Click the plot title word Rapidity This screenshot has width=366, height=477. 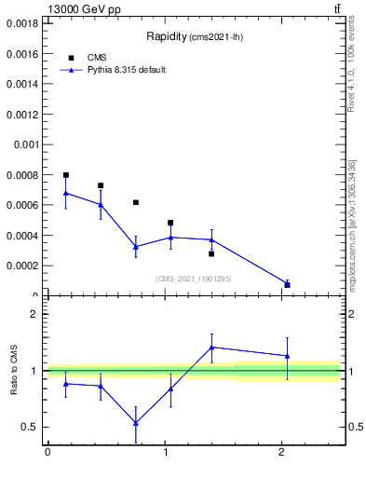(167, 37)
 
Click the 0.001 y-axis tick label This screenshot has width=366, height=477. (26, 144)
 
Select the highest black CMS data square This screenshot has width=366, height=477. (66, 175)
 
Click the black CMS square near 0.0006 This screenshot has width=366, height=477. (136, 202)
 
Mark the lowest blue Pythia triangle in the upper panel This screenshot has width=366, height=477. (287, 283)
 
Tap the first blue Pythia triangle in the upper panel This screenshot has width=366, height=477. (66, 193)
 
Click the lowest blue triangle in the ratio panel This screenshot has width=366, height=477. (136, 423)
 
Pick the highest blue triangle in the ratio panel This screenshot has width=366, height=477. (212, 347)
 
